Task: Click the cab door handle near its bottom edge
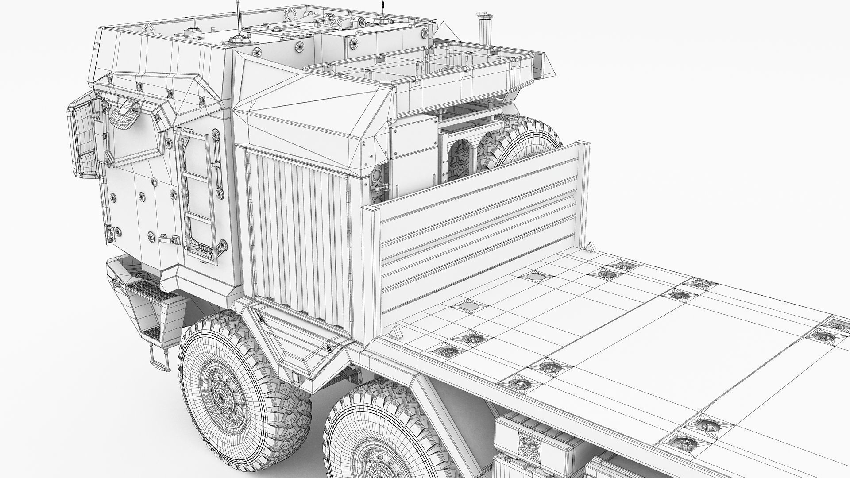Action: tap(169, 239)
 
